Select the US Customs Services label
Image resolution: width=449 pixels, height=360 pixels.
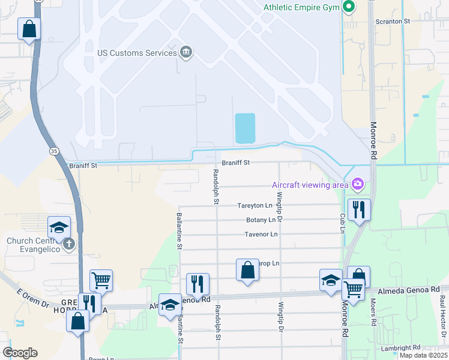137,53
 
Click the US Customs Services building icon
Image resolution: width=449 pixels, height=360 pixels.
186,53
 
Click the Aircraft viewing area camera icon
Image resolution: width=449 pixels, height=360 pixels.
358,184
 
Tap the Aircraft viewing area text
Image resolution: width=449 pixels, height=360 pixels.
310,184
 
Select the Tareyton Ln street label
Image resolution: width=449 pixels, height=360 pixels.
255,205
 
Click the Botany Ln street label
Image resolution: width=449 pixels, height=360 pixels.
259,220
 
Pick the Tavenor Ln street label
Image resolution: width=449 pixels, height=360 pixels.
261,234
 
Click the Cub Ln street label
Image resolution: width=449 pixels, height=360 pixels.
343,224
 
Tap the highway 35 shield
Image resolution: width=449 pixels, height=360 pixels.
55,152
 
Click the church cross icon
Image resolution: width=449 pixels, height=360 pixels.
69,244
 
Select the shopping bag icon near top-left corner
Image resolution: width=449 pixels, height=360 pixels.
29,28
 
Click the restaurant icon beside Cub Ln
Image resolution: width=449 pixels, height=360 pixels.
359,209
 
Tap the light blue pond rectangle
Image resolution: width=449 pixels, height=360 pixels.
245,128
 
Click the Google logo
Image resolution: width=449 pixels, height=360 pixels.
20,353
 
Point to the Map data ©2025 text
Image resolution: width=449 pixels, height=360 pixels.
423,355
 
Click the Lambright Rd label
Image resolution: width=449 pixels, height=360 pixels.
400,348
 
